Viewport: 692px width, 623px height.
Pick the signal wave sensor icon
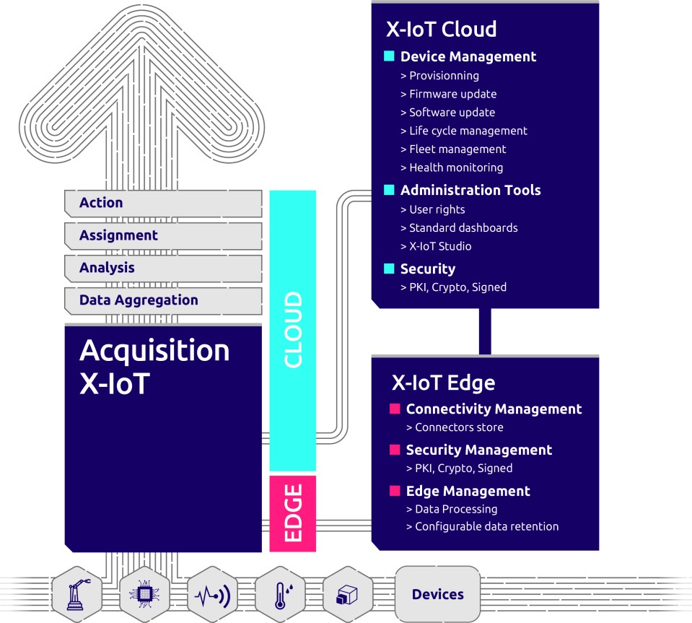click(213, 595)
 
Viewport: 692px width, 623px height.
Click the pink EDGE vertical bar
click(292, 513)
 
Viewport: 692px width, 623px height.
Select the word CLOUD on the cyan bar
click(292, 330)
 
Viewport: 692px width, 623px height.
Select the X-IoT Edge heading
click(442, 383)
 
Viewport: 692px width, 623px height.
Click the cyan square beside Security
click(389, 269)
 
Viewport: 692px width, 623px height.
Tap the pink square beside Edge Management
click(395, 491)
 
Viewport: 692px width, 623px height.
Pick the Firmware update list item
click(452, 94)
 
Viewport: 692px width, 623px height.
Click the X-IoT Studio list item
click(439, 246)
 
